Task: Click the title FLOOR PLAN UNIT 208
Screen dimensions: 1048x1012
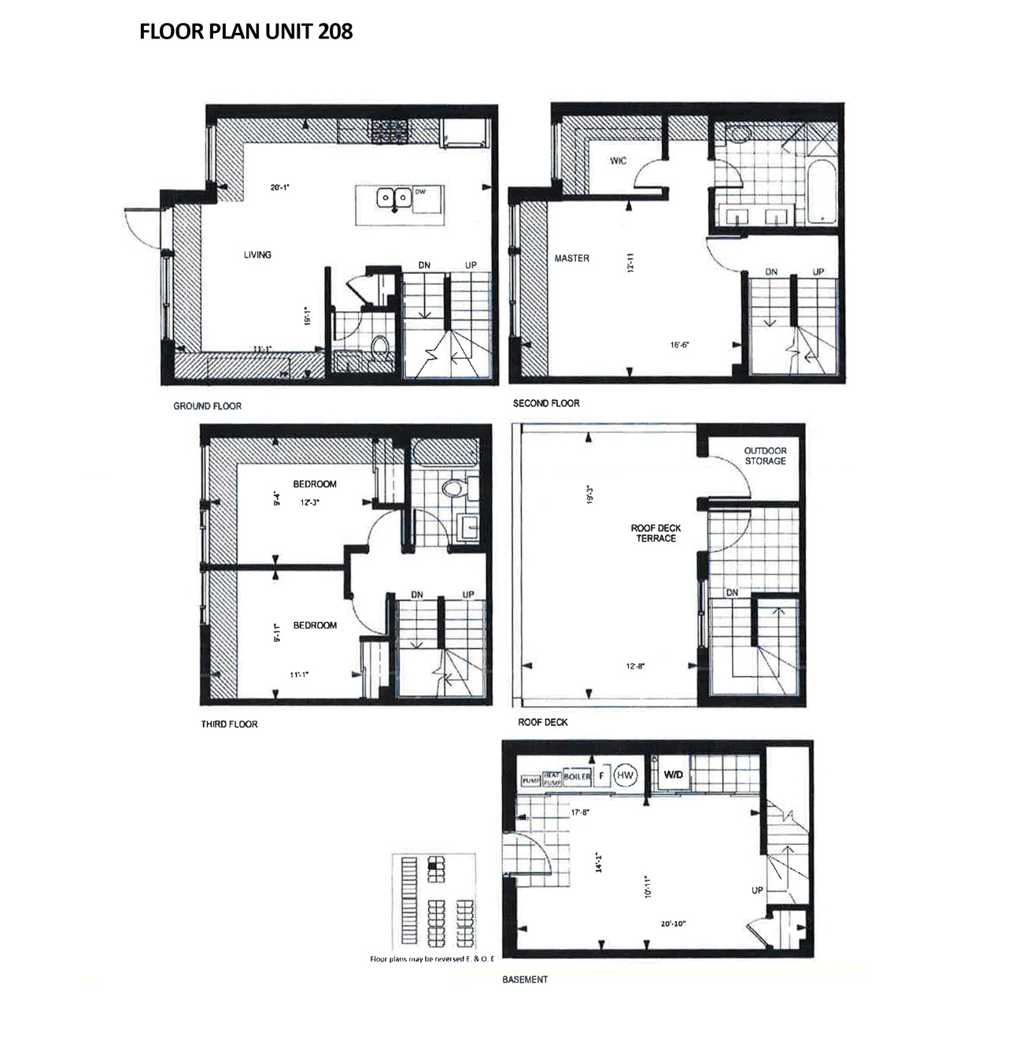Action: coord(246,31)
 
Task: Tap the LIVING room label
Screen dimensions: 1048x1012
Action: coord(257,254)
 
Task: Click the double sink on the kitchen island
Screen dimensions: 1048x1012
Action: coord(393,198)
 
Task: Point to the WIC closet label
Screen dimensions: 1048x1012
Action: coord(619,161)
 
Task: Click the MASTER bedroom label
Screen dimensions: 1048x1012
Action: coord(571,258)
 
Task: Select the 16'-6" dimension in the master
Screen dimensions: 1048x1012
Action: coord(681,345)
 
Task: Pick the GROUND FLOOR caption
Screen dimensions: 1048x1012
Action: coord(207,406)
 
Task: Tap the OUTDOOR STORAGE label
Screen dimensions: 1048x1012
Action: coord(766,456)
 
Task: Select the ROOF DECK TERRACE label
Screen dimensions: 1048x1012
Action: coord(656,533)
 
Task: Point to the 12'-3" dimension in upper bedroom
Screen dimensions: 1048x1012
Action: coord(309,502)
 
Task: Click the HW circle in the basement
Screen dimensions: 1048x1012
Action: coord(625,776)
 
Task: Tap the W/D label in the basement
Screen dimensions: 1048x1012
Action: coord(674,776)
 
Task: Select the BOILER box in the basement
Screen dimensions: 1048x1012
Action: coord(577,776)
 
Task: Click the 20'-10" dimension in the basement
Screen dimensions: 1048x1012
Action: coord(674,924)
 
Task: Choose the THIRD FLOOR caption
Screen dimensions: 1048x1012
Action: coord(229,724)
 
